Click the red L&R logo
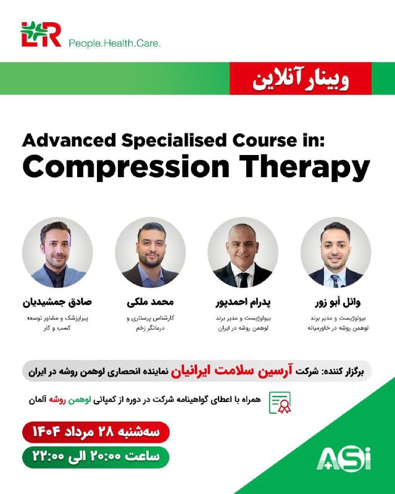click(x=41, y=34)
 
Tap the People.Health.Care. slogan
click(x=115, y=43)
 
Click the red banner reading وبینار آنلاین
click(x=301, y=78)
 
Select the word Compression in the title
click(x=126, y=167)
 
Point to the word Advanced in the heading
click(x=69, y=140)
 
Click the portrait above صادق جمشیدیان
click(x=57, y=253)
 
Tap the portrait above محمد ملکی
click(x=150, y=253)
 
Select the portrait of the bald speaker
click(x=243, y=253)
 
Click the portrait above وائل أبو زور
click(x=336, y=253)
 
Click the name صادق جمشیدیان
click(x=57, y=302)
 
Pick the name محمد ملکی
click(x=150, y=302)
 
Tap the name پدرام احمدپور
click(x=243, y=303)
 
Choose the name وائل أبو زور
click(x=338, y=303)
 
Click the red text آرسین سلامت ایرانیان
click(x=232, y=371)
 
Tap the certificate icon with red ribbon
click(x=280, y=403)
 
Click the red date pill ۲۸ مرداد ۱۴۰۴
click(x=96, y=432)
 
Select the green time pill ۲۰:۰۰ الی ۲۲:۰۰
click(x=96, y=457)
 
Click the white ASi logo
click(x=344, y=459)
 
